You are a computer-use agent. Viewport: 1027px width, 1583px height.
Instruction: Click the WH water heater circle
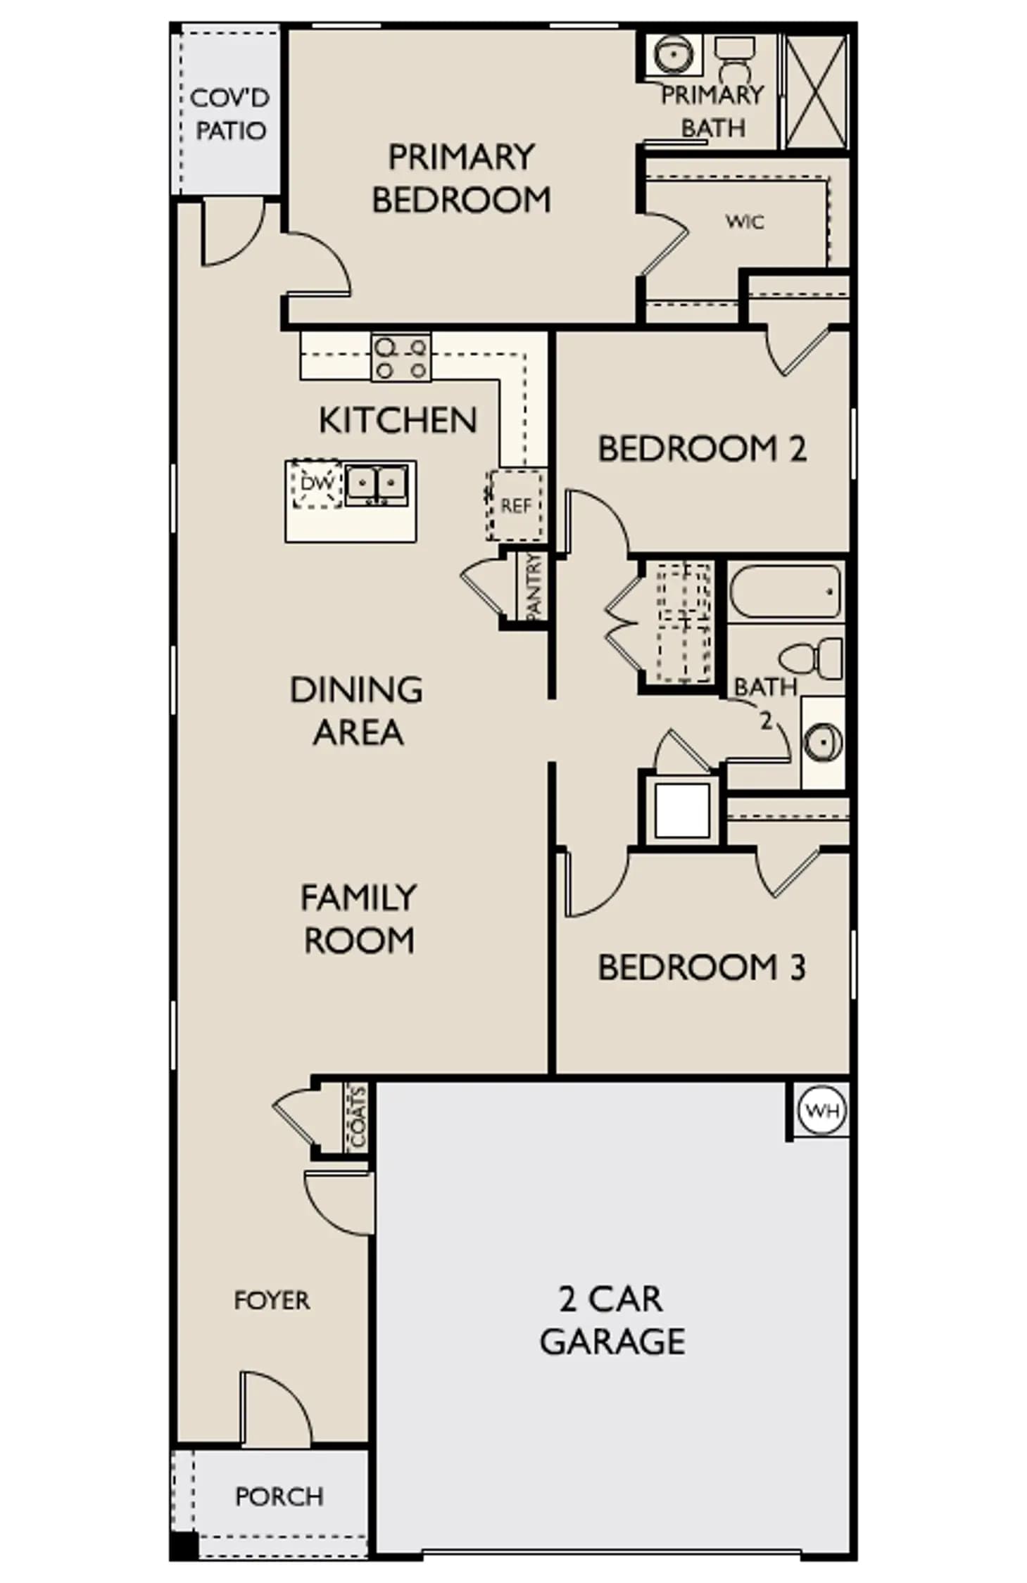tap(821, 1111)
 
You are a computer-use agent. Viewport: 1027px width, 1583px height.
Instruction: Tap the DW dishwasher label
tap(316, 483)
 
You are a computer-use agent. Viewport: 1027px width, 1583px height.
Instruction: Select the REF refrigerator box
tap(515, 505)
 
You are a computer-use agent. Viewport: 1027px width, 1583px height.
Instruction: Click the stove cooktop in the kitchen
tap(401, 357)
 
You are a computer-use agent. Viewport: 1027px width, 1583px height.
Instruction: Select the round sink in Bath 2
tap(823, 742)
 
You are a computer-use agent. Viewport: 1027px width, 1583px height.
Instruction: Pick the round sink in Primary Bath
tap(674, 54)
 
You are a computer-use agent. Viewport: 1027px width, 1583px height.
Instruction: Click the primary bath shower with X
tap(816, 91)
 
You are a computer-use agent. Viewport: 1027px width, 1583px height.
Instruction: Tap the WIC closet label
tap(744, 222)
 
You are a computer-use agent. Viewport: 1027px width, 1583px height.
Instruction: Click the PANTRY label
tap(534, 587)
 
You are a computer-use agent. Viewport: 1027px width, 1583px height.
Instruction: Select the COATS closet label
tap(358, 1117)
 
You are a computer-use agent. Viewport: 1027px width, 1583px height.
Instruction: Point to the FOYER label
tap(272, 1300)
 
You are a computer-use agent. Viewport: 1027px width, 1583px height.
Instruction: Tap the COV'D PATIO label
tap(230, 114)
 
